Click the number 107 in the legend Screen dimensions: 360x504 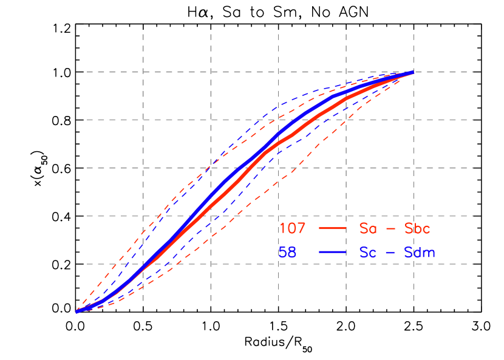click(292, 229)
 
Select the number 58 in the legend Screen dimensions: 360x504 click(287, 253)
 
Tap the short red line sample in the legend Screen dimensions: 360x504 click(332, 229)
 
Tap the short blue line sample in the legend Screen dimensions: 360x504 click(332, 252)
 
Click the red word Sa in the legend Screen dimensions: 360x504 click(368, 229)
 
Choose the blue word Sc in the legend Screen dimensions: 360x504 click(368, 253)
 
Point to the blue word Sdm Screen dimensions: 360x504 click(420, 253)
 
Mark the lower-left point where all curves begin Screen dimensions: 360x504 click(77, 311)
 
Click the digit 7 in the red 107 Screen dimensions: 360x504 click(301, 229)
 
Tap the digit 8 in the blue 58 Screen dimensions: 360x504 click(292, 253)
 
